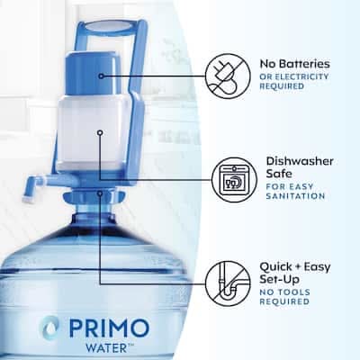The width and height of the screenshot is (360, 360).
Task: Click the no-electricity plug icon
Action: point(228,76)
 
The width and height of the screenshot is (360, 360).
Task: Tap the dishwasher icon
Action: point(234,180)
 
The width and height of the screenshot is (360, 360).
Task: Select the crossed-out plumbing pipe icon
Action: point(228,283)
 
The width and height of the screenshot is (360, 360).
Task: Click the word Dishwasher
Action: point(300,161)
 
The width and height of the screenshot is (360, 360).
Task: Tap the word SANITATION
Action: point(295,196)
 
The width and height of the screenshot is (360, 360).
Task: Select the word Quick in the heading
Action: point(275,266)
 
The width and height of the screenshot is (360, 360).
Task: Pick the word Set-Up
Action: point(275,280)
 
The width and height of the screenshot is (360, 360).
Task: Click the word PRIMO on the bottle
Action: point(109,328)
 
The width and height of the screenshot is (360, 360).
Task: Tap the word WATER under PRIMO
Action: point(102,348)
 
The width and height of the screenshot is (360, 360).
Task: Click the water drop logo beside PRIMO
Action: point(50,328)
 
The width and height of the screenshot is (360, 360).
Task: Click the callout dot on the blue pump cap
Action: point(101,76)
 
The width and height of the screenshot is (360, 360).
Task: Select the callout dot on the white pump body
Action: point(101,132)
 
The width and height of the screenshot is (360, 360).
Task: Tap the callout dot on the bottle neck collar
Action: point(100,193)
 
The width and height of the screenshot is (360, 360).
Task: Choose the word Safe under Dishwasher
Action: point(279,174)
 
